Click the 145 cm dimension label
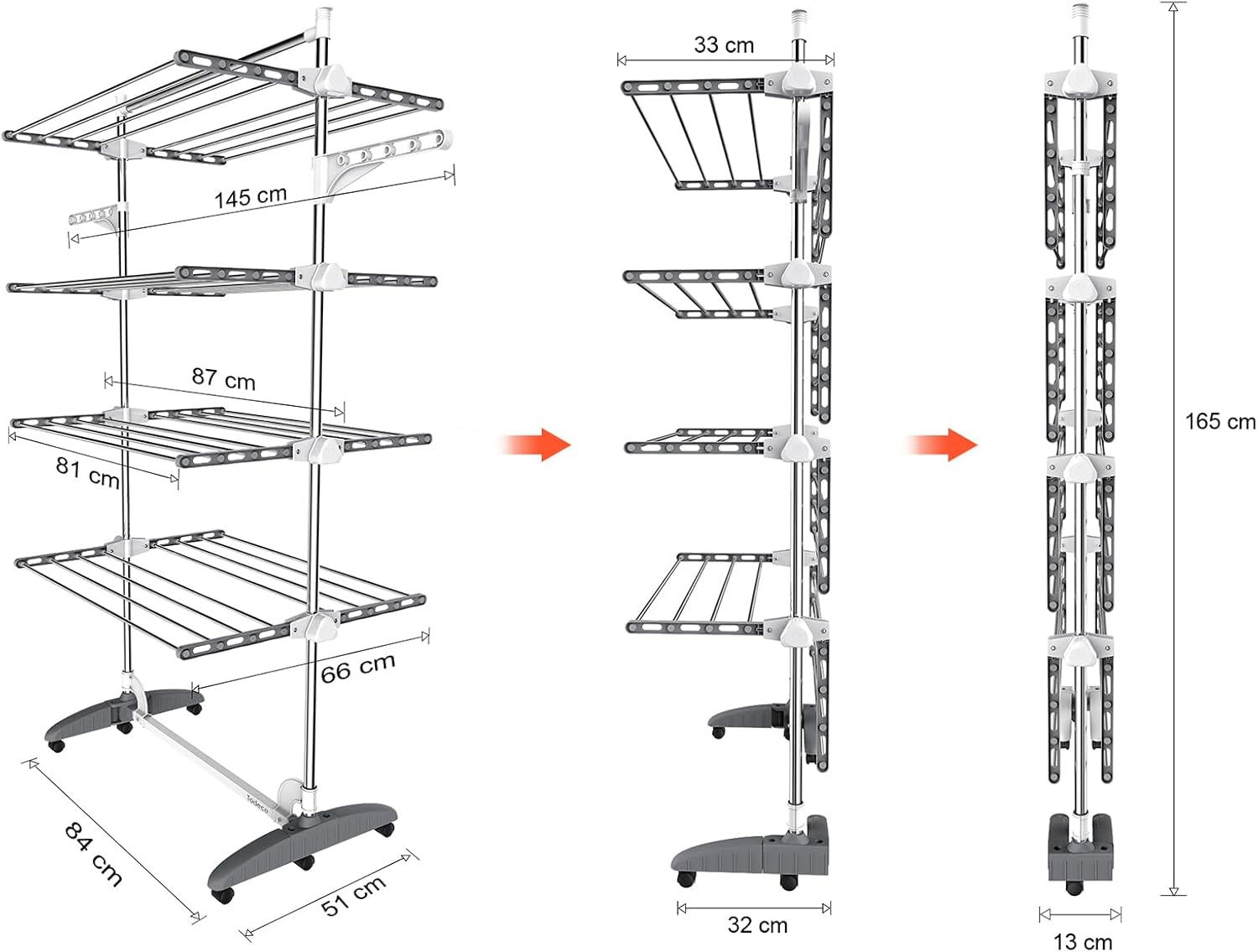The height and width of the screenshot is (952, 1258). [251, 196]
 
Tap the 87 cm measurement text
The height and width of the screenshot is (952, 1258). [224, 379]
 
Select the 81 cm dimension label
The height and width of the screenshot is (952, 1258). [88, 473]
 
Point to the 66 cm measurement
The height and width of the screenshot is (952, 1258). [357, 667]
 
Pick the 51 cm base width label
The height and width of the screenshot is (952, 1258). [353, 895]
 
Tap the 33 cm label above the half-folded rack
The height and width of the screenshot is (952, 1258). [723, 45]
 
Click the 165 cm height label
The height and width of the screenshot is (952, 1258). [1220, 422]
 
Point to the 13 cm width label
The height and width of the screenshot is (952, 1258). [1083, 942]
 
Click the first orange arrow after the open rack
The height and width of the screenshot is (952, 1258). [535, 445]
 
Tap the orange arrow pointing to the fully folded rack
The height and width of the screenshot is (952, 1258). [942, 445]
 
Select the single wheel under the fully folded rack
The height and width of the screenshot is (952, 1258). [1074, 887]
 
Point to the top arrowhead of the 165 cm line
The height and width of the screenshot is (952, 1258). [1173, 7]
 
